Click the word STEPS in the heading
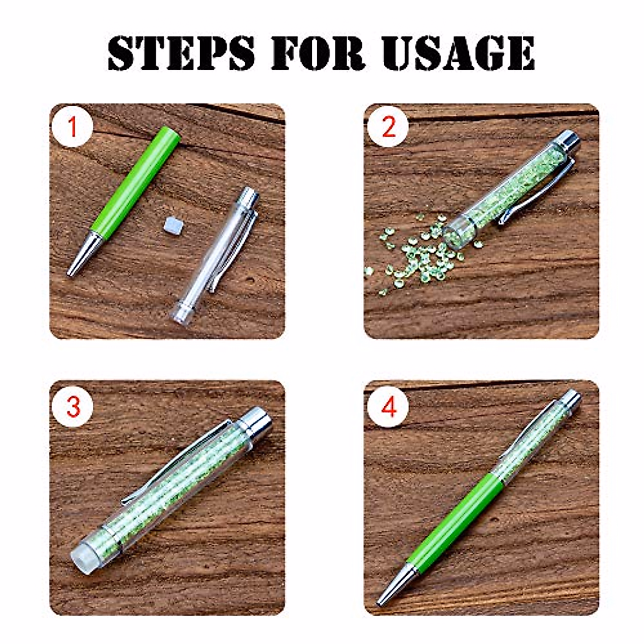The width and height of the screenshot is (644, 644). point(181,53)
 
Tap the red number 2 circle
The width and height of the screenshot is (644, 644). point(388,128)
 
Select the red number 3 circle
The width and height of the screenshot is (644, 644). point(72,407)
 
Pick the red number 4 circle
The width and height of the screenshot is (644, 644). point(388,407)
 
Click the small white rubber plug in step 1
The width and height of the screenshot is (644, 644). point(171,225)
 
